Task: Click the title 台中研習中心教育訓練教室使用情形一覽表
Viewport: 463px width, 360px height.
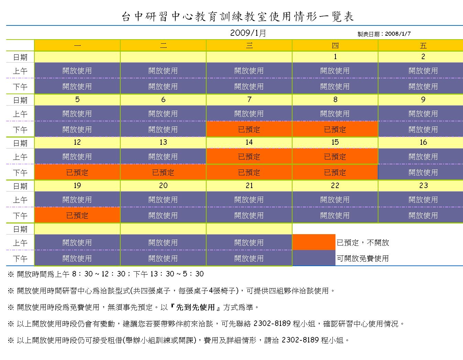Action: pyautogui.click(x=238, y=17)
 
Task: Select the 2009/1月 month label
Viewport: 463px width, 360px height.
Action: pyautogui.click(x=248, y=33)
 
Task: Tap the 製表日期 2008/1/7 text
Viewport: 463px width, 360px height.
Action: pyautogui.click(x=384, y=34)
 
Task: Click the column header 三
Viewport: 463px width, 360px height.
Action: pyautogui.click(x=249, y=45)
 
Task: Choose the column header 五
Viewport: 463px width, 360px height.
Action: pyautogui.click(x=423, y=45)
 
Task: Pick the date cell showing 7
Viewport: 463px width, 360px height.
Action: pyautogui.click(x=249, y=100)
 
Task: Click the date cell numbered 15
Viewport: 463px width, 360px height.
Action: pyautogui.click(x=335, y=142)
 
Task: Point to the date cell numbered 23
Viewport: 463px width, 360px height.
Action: pyautogui.click(x=423, y=186)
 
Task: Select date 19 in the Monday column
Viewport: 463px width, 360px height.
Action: pyautogui.click(x=77, y=186)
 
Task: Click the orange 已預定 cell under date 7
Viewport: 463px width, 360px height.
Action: pyautogui.click(x=249, y=130)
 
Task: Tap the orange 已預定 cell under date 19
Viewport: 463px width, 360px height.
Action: pyautogui.click(x=77, y=216)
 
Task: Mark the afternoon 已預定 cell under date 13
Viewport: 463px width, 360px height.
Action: pyautogui.click(x=163, y=173)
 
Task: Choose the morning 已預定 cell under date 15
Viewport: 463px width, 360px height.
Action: pyautogui.click(x=335, y=157)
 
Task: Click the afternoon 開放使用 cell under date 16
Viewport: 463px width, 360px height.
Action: pyautogui.click(x=423, y=173)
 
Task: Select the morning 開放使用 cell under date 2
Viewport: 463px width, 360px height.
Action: pyautogui.click(x=423, y=71)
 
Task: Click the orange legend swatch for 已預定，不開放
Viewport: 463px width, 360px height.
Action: pyautogui.click(x=313, y=242)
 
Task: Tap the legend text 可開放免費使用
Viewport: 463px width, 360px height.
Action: pyautogui.click(x=363, y=258)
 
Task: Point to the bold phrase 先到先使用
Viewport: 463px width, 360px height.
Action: pyautogui.click(x=195, y=307)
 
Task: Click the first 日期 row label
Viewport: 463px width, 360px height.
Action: pyautogui.click(x=20, y=57)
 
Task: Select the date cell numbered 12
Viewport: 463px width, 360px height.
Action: pyautogui.click(x=77, y=142)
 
